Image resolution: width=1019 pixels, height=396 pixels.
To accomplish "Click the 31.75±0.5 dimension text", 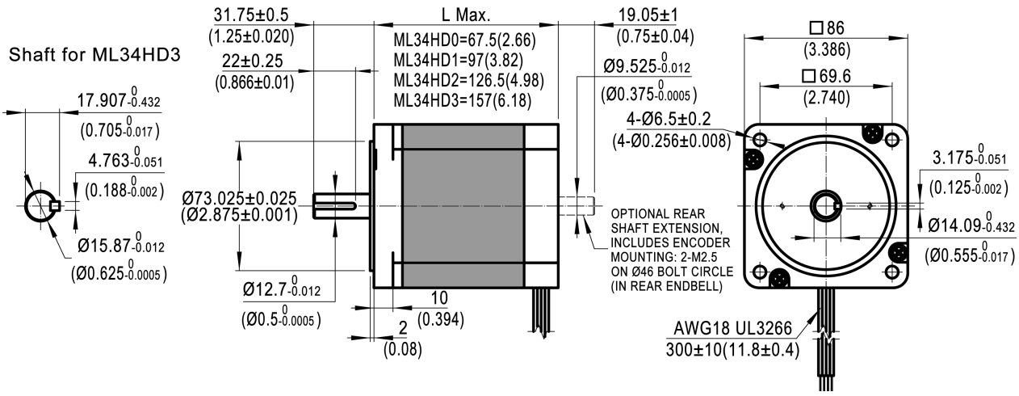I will point(251,15).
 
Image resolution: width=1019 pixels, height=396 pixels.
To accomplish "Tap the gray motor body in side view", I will point(463,206).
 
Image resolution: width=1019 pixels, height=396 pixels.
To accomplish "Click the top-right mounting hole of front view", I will point(891,141).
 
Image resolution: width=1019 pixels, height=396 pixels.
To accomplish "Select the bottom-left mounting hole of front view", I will point(760,272).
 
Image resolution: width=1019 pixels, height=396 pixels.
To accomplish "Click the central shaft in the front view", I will point(825,206).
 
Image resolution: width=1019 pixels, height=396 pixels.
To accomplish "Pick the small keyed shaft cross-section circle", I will point(40,206).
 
